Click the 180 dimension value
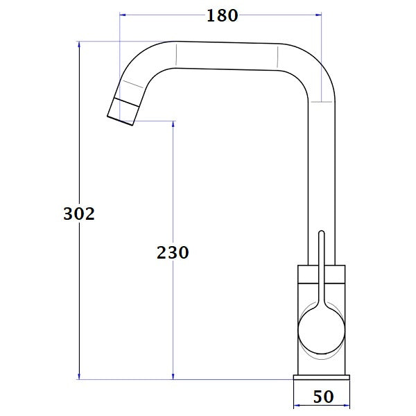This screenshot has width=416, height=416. [222, 16]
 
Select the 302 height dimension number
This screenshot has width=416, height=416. [78, 214]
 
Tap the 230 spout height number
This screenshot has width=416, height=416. [173, 253]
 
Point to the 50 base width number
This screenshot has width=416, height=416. [323, 397]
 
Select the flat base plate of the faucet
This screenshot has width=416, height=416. [322, 377]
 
